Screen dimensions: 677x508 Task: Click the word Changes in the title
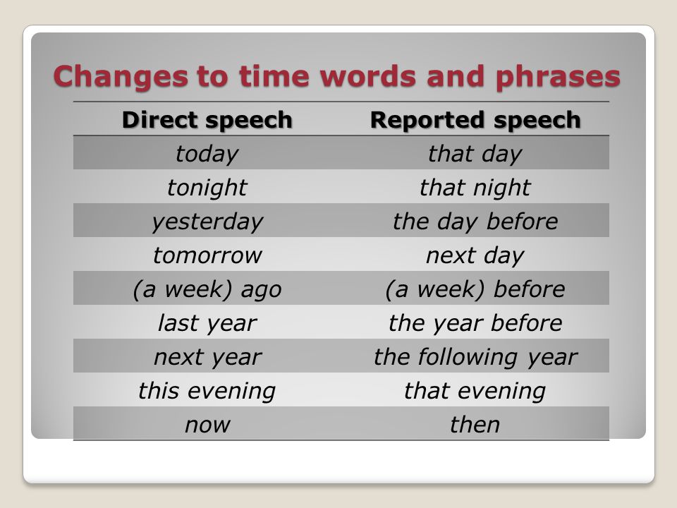pos(121,76)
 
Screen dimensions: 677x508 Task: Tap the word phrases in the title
pos(558,78)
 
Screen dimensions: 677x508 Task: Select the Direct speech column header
pos(207,120)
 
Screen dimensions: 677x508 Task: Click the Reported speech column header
pos(475,120)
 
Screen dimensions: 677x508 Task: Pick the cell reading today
pos(207,155)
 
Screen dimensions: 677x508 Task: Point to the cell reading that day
pos(475,155)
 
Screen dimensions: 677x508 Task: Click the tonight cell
pos(207,188)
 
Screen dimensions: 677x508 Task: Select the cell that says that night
pos(475,188)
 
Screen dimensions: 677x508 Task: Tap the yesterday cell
pos(207,222)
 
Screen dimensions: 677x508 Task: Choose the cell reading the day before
pos(475,222)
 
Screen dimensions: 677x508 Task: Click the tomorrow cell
pos(207,255)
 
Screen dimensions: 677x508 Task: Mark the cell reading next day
pos(475,255)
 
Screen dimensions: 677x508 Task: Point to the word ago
pos(261,290)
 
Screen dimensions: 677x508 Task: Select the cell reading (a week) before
pos(475,289)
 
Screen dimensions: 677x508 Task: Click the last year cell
pos(207,324)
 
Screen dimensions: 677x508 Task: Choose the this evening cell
pos(207,392)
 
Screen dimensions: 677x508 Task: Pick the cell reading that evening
pos(475,392)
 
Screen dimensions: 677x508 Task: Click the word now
pos(207,425)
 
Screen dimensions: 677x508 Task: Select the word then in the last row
pos(475,424)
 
